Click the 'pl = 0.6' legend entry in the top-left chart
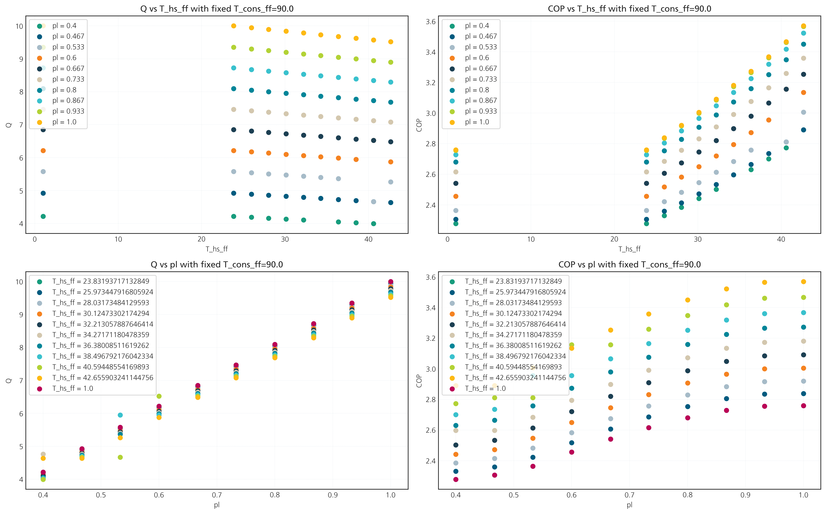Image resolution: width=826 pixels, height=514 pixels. pyautogui.click(x=58, y=58)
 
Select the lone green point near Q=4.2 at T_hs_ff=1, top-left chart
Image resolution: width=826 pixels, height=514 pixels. pyautogui.click(x=43, y=216)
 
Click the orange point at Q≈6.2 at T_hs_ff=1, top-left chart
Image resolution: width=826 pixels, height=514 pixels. pyautogui.click(x=43, y=151)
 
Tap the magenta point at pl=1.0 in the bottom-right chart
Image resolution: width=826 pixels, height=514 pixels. pyautogui.click(x=803, y=405)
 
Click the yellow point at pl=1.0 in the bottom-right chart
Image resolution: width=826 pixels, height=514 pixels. pyautogui.click(x=803, y=281)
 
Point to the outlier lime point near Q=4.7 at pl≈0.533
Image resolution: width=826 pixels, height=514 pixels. pyautogui.click(x=120, y=457)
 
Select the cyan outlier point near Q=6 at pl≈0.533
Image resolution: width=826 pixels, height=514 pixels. pyautogui.click(x=120, y=415)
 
